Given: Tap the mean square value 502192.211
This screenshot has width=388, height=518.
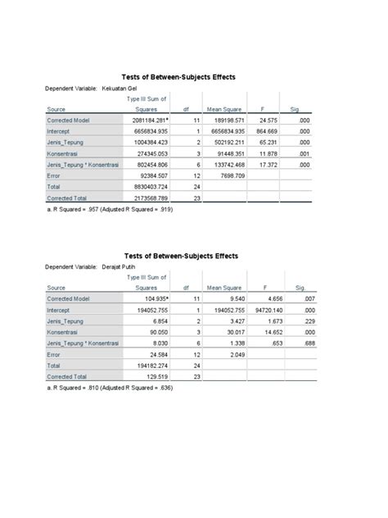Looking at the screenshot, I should click(x=225, y=142).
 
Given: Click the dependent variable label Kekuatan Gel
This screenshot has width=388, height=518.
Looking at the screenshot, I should click(x=119, y=86).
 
